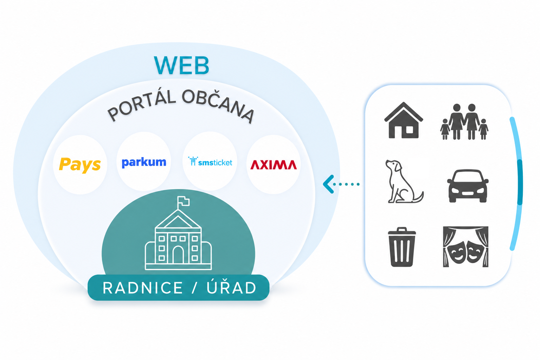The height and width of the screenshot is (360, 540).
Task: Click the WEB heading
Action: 181,65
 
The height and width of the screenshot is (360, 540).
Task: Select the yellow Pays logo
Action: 80,165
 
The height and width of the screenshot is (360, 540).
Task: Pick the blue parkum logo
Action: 144,162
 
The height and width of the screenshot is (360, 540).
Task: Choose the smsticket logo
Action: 210,162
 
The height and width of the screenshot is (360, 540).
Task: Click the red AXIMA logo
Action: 274,165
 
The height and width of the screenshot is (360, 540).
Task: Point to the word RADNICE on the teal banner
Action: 142,288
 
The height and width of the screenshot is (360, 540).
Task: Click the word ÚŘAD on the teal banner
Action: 231,287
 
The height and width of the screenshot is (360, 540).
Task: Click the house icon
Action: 404,120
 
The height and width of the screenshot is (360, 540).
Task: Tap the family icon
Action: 464,122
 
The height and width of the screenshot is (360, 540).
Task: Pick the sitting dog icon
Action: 404,181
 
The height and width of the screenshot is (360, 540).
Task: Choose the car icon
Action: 468,186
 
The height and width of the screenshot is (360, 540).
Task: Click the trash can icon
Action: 402,247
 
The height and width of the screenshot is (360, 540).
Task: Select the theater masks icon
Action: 466,247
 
